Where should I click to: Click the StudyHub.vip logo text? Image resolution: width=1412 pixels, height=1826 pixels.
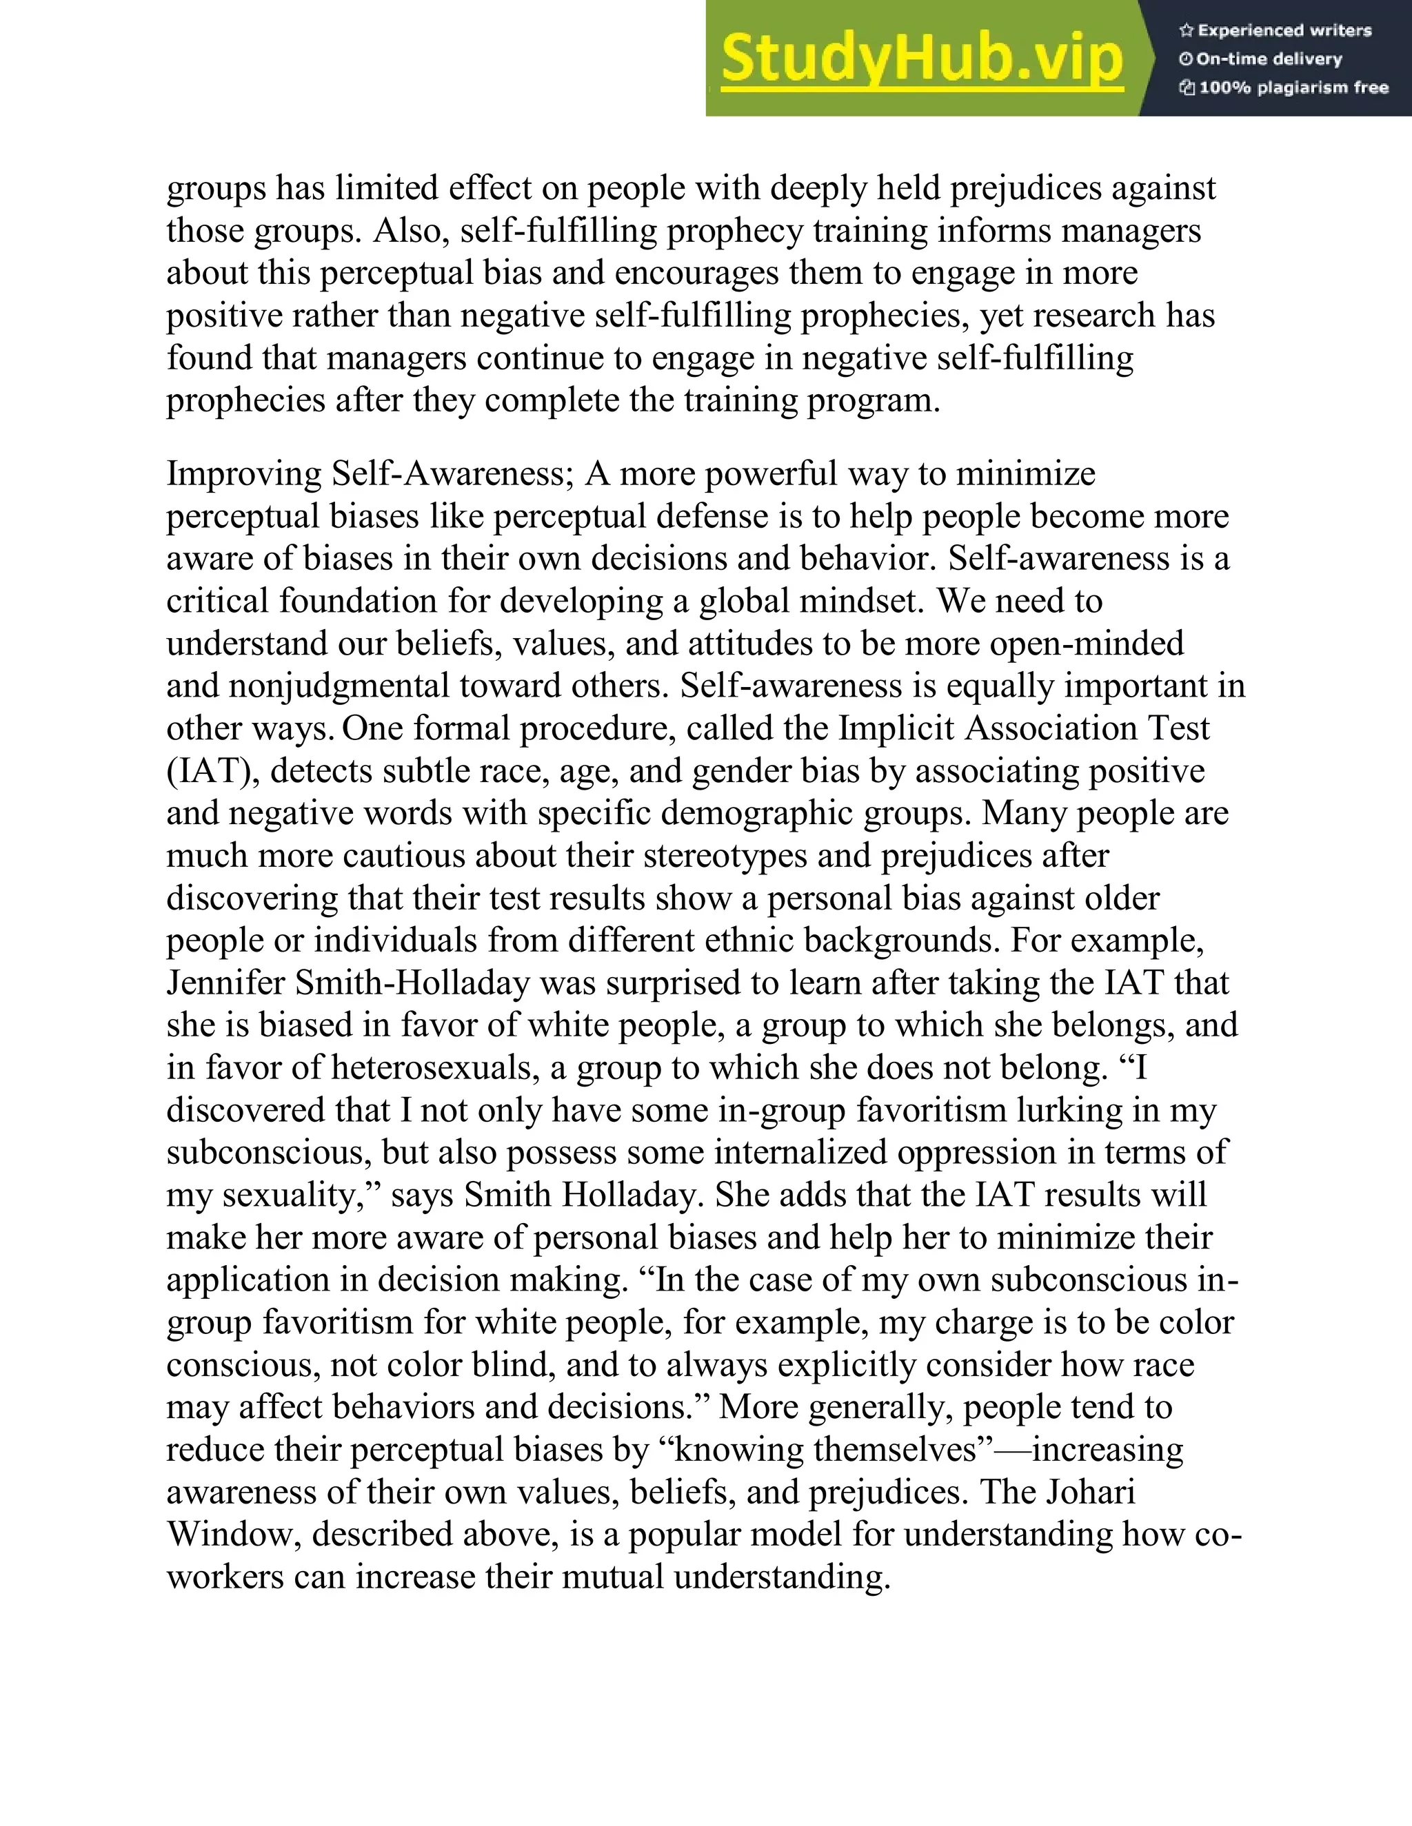921,59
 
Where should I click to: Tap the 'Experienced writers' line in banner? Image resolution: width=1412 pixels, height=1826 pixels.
1284,31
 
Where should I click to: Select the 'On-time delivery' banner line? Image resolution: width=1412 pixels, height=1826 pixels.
1269,59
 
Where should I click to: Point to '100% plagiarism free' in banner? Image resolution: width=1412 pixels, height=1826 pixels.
1293,88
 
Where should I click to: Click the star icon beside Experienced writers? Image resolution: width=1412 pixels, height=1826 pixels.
1186,31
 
